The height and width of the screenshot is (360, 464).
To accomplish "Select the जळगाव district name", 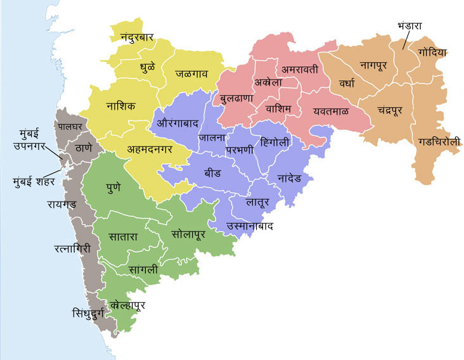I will (192, 74).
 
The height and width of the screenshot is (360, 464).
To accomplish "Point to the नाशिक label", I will (120, 106).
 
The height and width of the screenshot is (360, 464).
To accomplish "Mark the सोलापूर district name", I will (193, 234).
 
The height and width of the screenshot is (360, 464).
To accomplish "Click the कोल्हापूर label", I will (128, 305).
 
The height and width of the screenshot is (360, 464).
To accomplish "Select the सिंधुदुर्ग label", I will (95, 313).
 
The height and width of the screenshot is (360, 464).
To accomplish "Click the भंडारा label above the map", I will (409, 26).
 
